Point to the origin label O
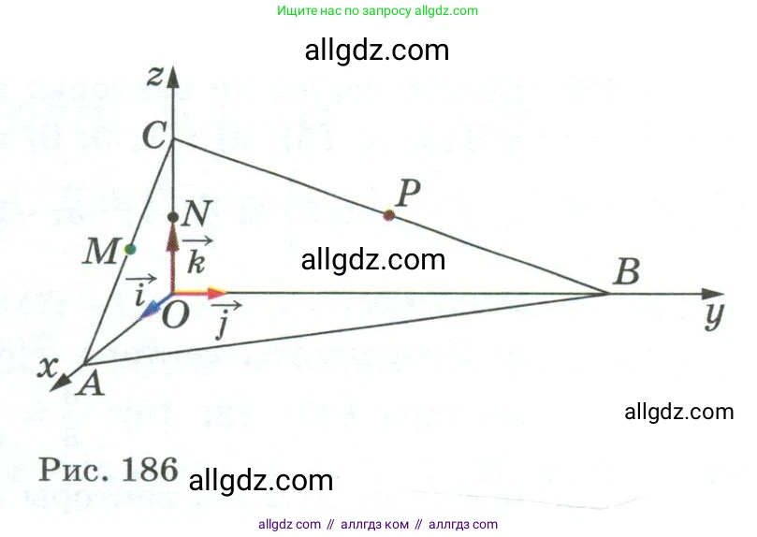tap(174, 316)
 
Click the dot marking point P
tap(389, 216)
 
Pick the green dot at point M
tap(130, 249)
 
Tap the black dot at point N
tap(173, 218)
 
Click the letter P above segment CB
tap(407, 194)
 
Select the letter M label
tap(100, 251)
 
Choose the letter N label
tap(197, 214)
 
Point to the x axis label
tap(43, 367)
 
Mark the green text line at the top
tap(378, 11)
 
